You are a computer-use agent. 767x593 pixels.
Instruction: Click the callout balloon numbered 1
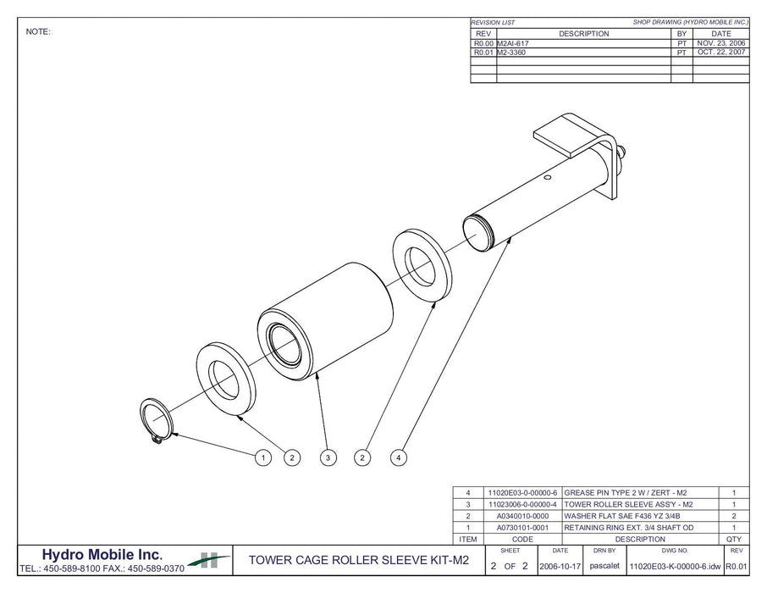[x=262, y=457]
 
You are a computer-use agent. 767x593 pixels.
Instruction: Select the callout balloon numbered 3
[x=328, y=457]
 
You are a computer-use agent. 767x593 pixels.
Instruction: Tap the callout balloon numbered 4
[x=399, y=457]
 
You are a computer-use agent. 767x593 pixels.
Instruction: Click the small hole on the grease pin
[x=549, y=177]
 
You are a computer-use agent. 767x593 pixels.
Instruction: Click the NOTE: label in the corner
[x=39, y=31]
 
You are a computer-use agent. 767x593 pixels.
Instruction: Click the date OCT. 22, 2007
[x=721, y=53]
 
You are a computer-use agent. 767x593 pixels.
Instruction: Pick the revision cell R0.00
[x=483, y=43]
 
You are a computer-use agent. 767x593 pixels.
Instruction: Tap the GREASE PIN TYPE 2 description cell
[x=630, y=492]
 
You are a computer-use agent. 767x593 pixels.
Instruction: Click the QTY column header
[x=734, y=539]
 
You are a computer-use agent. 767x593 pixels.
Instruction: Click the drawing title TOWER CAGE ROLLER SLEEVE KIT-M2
[x=354, y=560]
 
